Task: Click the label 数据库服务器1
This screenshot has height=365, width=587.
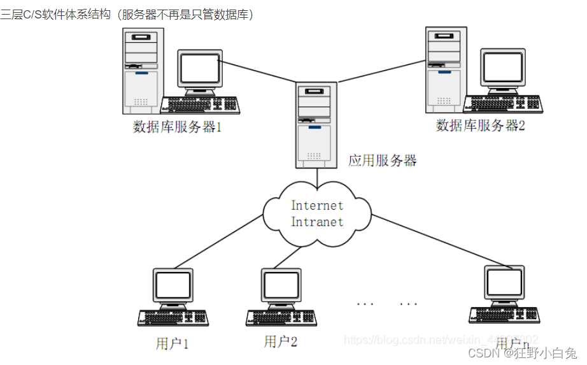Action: (177, 126)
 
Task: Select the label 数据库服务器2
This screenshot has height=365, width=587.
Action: (480, 125)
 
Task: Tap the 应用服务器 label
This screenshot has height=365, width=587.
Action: (382, 161)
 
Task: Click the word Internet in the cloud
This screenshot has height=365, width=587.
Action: (317, 206)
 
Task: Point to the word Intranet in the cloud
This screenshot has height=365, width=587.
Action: (317, 222)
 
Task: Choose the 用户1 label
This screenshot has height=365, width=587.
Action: (172, 344)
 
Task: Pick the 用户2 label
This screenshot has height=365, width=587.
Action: (281, 341)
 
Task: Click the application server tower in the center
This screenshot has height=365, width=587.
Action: (316, 124)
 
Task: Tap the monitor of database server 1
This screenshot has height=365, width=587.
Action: (200, 71)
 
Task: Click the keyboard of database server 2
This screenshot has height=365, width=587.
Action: (502, 104)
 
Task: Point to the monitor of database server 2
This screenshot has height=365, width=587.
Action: (503, 69)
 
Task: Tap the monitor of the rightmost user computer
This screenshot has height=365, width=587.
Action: (504, 283)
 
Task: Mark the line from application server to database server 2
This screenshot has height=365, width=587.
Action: (382, 70)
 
